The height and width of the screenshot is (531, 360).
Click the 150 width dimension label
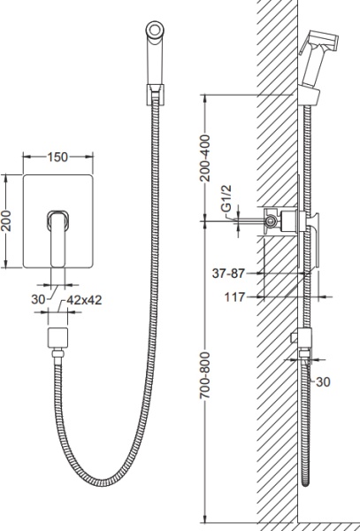point(57,158)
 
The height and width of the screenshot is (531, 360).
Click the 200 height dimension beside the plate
point(6,220)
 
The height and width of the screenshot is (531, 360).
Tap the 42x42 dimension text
point(84,300)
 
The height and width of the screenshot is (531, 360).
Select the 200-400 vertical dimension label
point(204,158)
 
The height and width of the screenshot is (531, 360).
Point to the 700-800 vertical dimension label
point(204,375)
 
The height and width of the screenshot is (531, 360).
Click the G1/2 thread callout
point(227,198)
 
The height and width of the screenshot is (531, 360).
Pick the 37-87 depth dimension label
point(228,273)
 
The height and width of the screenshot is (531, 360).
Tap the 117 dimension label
point(234,297)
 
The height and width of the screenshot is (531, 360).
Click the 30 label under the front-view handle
point(38,299)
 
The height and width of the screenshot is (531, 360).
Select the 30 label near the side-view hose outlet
point(323,382)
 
